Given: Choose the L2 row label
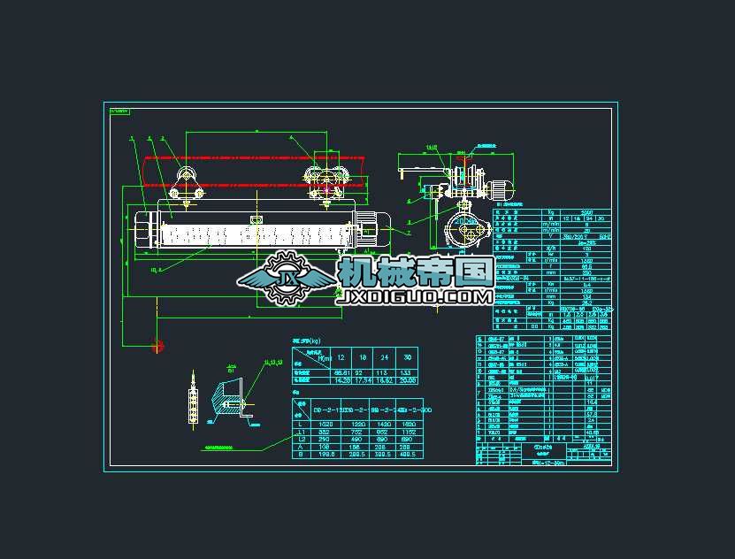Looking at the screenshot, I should tap(302, 440).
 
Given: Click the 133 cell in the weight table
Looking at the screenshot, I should tap(406, 372).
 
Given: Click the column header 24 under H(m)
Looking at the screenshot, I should tap(384, 356).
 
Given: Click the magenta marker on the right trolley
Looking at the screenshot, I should tap(326, 185).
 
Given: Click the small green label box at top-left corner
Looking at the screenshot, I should tap(119, 111).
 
